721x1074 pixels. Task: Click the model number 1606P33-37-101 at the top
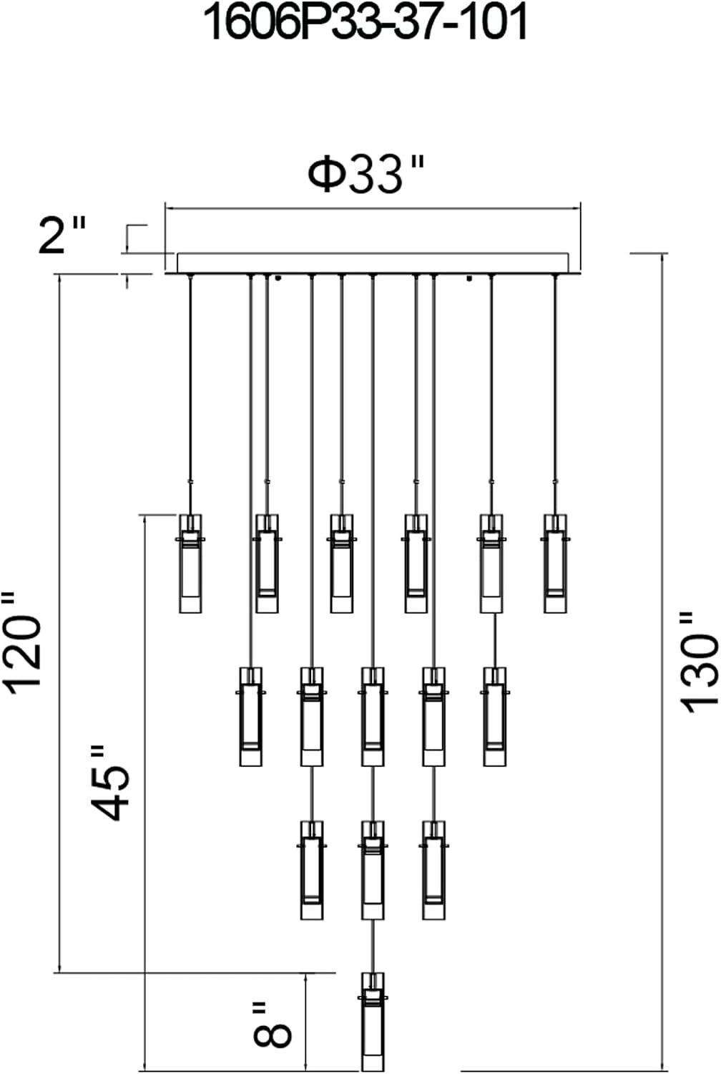click(366, 23)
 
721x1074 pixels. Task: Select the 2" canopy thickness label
click(62, 234)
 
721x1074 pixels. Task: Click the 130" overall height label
click(700, 662)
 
